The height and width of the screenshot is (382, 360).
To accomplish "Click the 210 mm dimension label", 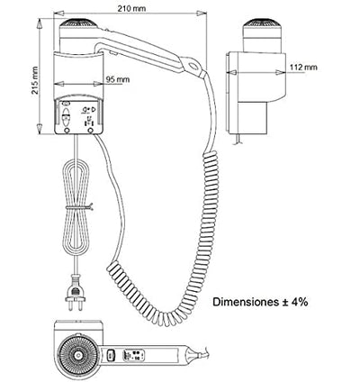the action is coord(131,8).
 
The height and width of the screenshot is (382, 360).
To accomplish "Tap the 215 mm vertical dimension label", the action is coord(35,80).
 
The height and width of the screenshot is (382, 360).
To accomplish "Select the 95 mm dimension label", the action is coord(118,79).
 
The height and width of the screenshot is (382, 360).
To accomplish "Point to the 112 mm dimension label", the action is coord(303,67).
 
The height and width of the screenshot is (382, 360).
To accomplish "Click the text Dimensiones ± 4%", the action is coord(260,302).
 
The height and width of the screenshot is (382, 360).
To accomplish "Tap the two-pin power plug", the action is coord(75,293).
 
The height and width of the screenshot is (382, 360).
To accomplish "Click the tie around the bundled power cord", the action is coord(78,207).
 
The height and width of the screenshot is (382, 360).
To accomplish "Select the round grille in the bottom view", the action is coord(78,355).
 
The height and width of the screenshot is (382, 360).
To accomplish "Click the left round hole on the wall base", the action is coord(67,131).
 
